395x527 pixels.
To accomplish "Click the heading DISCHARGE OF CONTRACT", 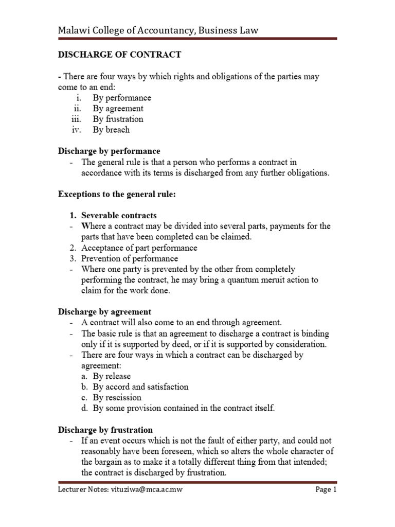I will [119, 55].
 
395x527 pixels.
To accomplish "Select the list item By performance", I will [122, 98].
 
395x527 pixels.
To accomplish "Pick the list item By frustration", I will [118, 119].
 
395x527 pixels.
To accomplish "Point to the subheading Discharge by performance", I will [109, 151].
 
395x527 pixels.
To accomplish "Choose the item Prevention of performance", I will [130, 258].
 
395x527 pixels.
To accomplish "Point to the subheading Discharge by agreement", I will [104, 312].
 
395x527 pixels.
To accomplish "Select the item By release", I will [112, 376].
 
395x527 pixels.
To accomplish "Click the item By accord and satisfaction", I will [140, 387].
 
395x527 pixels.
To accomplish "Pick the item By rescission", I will [117, 397].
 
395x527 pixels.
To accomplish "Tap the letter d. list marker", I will [84, 408].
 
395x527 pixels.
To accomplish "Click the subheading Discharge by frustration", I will [105, 430].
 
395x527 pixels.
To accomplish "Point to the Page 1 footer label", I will [326, 489].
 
